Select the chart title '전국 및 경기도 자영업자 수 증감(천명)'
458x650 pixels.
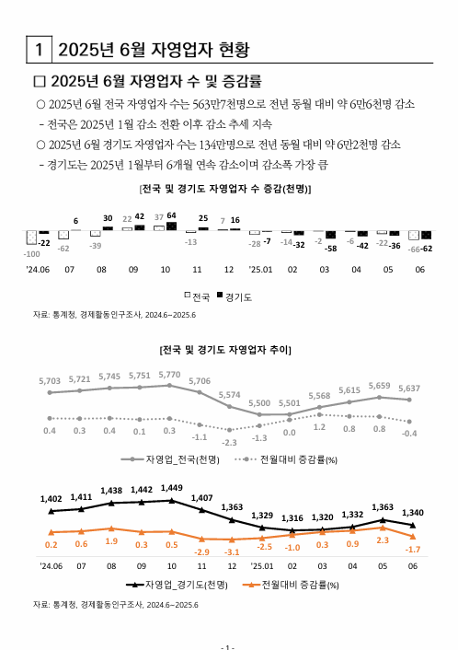pos(224,189)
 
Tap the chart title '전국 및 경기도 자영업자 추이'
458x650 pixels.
pos(224,350)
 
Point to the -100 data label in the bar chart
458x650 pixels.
pos(32,253)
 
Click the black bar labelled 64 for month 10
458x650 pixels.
pos(170,226)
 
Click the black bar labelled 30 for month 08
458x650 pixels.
pos(107,228)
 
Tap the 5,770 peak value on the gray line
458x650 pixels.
pos(169,375)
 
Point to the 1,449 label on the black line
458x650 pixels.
pos(171,487)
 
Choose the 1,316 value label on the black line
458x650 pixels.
pos(292,518)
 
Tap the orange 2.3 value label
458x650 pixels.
pos(382,540)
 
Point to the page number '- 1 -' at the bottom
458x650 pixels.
pos(229,645)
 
